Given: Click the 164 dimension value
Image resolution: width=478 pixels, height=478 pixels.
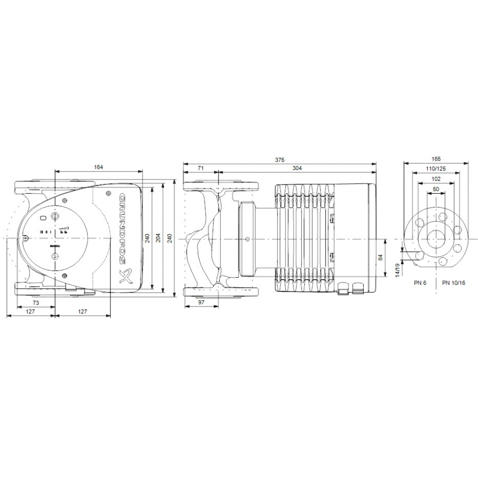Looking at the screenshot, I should (98, 167).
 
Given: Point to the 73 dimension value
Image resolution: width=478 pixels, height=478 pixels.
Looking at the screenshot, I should (36, 304).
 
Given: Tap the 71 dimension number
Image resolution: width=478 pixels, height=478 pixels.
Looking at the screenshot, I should (200, 168).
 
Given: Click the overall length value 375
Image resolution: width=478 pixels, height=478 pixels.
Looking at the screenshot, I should (280, 159).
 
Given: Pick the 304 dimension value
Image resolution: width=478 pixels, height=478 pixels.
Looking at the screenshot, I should (297, 168).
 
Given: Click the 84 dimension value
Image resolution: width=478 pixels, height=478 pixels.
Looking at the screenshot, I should (381, 258).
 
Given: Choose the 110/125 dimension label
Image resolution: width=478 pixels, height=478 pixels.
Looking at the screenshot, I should (435, 169).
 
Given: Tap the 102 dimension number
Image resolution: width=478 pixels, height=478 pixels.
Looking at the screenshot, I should (435, 179).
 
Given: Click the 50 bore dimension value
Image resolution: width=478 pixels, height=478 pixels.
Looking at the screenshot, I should (435, 189).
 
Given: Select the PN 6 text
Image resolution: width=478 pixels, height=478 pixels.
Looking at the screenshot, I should (420, 282).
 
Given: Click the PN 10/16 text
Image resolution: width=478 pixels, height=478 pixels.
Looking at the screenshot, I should (453, 282).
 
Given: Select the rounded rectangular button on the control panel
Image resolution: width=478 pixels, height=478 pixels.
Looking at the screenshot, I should (44, 218).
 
